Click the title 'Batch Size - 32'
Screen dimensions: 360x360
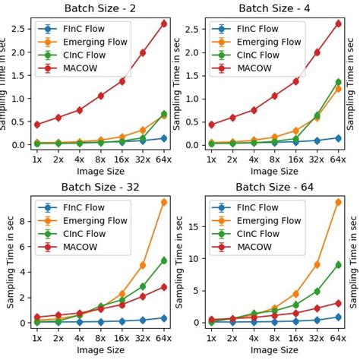[x=98, y=186]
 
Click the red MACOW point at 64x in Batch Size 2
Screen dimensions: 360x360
[x=164, y=24]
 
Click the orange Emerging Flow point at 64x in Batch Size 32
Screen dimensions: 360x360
[x=164, y=202]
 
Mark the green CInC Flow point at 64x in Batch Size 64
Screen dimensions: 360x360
[x=338, y=264]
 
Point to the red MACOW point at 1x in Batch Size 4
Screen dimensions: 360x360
[x=211, y=125]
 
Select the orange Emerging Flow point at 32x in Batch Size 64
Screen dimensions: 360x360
[x=317, y=264]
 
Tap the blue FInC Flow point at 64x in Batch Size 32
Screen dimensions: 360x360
[x=164, y=318]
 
